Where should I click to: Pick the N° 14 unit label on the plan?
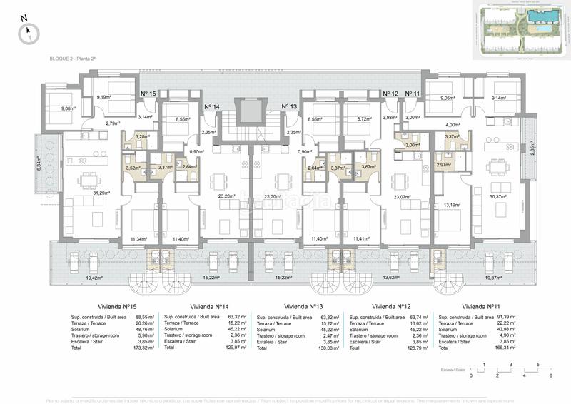[x=212, y=106]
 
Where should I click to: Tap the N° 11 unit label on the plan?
[x=413, y=94]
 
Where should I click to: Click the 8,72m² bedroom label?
[x=364, y=119]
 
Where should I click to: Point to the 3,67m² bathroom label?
[x=368, y=167]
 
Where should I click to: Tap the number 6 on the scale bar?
[x=552, y=375]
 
